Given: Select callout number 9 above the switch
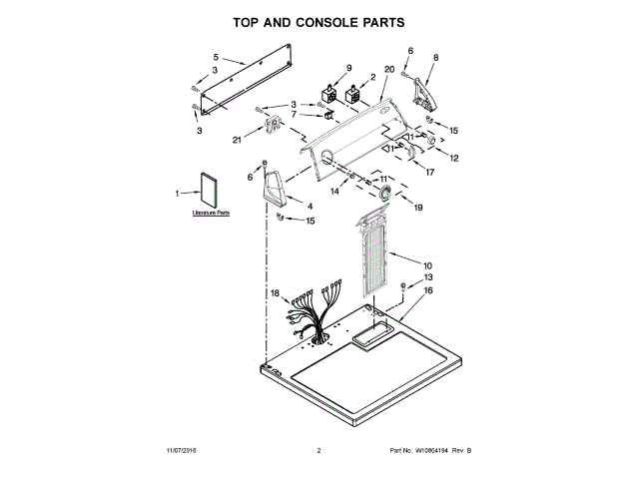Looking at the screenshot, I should (349, 68).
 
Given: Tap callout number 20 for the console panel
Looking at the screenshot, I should (388, 68).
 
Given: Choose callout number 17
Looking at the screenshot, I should (430, 173).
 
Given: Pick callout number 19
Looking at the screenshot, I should (418, 208).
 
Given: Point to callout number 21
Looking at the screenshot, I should (237, 140).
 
